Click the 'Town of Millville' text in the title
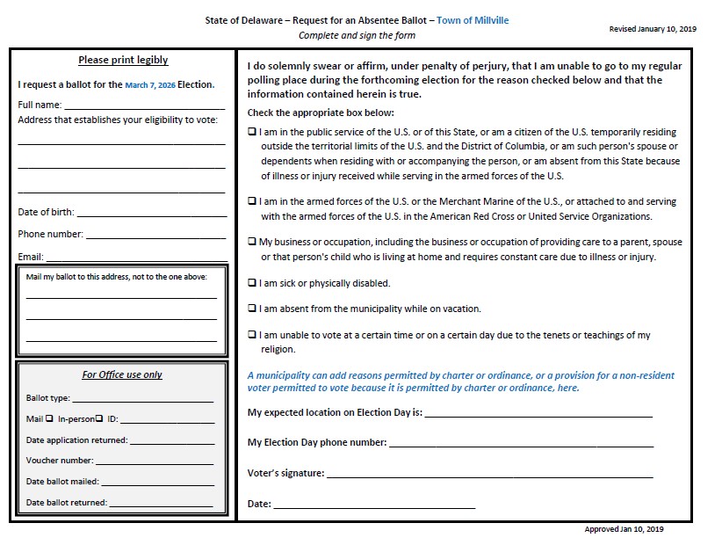tap(473, 20)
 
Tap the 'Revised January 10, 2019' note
tap(652, 29)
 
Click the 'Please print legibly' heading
tap(123, 61)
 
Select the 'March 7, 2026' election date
tap(150, 85)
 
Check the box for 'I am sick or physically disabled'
tap(252, 283)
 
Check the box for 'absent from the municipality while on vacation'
tap(252, 309)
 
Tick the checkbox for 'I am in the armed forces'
tap(252, 201)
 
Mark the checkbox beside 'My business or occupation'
tap(252, 242)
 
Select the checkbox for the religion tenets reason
tap(252, 335)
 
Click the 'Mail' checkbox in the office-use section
tap(49, 419)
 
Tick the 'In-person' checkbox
tap(99, 419)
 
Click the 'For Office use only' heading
tap(122, 374)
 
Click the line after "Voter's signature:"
tap(488, 476)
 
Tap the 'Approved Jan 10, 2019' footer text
tap(624, 530)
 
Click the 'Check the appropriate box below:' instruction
tap(321, 113)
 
